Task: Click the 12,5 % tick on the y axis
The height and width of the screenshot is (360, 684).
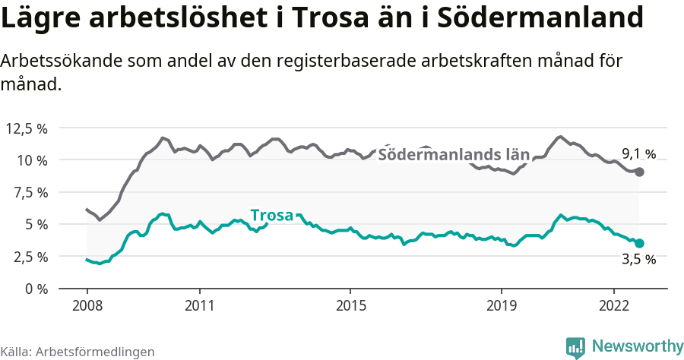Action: tap(27, 128)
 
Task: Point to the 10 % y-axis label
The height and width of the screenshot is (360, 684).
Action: tap(31, 160)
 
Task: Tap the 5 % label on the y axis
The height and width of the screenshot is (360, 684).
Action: tap(35, 225)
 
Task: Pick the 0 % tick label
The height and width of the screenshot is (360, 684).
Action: tap(35, 289)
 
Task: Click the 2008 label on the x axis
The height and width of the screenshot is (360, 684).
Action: tap(87, 305)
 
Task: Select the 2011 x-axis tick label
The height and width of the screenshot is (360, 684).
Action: tap(199, 305)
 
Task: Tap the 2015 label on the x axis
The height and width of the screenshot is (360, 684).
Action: tap(350, 305)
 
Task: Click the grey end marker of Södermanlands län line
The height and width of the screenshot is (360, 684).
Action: tap(639, 172)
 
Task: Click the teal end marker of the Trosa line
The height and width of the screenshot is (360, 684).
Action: tap(639, 243)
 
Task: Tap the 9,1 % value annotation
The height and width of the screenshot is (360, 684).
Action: tap(638, 154)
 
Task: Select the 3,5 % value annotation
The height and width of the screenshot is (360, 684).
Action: tap(638, 260)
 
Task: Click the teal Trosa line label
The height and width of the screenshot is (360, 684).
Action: tap(271, 216)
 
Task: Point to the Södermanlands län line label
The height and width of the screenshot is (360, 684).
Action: tap(453, 155)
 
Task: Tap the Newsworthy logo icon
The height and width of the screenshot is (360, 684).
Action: tap(575, 347)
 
